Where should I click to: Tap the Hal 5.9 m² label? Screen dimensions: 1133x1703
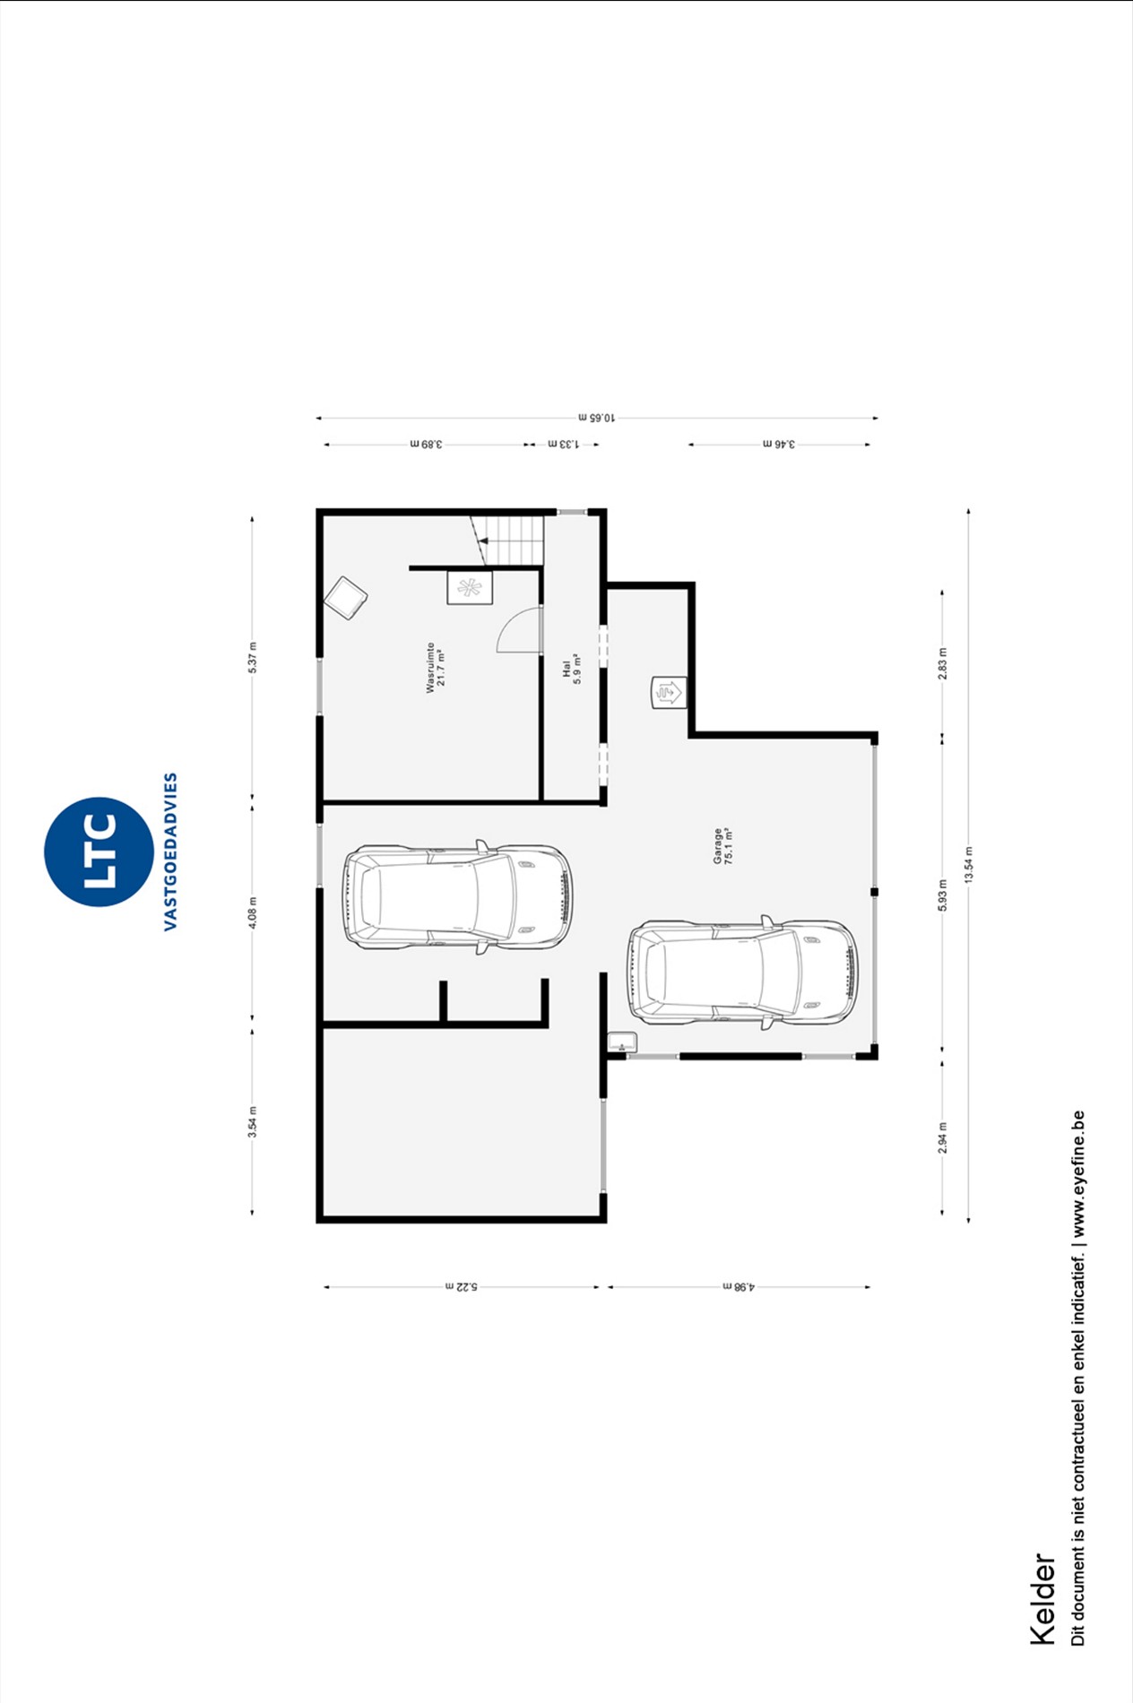[x=572, y=669]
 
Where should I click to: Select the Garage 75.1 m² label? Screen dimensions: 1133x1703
[x=723, y=845]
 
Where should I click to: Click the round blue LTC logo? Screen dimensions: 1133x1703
[x=99, y=851]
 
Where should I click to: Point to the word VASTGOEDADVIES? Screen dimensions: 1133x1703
[x=170, y=851]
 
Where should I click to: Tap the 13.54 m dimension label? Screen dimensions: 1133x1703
[x=968, y=865]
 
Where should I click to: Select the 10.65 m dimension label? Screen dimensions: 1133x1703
[x=596, y=417]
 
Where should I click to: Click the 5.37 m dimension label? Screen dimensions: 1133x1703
[x=253, y=658]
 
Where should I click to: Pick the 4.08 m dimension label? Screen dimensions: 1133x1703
[x=253, y=912]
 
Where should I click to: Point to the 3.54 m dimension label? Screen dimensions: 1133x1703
[x=253, y=1122]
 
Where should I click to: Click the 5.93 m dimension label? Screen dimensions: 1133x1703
[x=942, y=895]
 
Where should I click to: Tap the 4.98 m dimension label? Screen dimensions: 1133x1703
[x=739, y=1286]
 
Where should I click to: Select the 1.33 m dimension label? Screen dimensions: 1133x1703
[x=564, y=444]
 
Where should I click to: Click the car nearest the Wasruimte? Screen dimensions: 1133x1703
[x=457, y=896]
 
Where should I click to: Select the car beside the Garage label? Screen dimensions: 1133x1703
[x=742, y=972]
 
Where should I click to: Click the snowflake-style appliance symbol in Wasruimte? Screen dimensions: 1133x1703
[x=470, y=587]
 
